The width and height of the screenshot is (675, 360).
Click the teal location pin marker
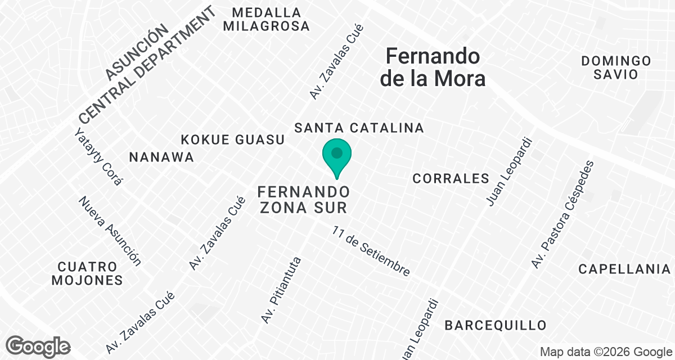337,157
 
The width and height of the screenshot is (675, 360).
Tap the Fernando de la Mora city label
433,67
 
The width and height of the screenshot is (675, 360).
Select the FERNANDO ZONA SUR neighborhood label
303,199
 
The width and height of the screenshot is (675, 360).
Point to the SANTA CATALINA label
359,128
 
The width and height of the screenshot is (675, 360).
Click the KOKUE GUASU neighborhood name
233,139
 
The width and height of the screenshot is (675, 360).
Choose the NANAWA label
161,157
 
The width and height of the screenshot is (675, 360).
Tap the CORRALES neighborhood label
451,178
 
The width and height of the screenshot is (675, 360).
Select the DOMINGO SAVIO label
616,67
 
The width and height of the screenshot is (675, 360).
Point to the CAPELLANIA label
625,269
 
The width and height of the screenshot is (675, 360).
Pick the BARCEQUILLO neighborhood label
495,325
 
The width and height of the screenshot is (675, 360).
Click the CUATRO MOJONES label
87,273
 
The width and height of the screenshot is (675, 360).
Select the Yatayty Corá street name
98,157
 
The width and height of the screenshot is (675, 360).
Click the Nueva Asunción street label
110,231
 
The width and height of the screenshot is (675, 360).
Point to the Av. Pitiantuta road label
282,290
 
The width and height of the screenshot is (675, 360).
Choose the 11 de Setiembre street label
371,251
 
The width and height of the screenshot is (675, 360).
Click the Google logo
38,345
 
